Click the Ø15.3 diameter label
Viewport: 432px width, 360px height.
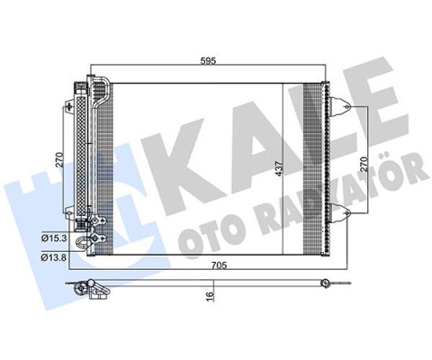pyautogui.click(x=53, y=239)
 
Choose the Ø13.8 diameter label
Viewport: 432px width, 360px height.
pyautogui.click(x=53, y=256)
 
